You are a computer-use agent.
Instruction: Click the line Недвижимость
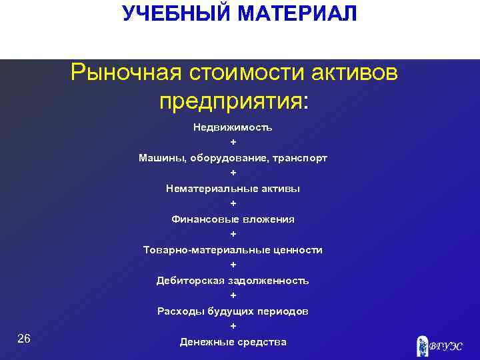(233, 127)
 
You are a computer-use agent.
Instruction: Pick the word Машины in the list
(162, 158)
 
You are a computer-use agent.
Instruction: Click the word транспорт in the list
(300, 158)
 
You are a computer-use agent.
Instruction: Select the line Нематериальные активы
(233, 189)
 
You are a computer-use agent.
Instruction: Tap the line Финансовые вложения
(233, 219)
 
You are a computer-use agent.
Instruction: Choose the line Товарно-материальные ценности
(233, 250)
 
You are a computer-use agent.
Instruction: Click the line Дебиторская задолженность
(233, 281)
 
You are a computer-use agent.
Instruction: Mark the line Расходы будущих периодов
(233, 311)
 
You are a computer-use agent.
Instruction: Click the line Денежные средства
(233, 342)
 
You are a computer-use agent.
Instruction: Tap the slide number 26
(24, 339)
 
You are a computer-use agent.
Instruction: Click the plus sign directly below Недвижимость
(233, 143)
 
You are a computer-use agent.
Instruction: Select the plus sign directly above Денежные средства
(233, 327)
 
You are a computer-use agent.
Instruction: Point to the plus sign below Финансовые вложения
(233, 235)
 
